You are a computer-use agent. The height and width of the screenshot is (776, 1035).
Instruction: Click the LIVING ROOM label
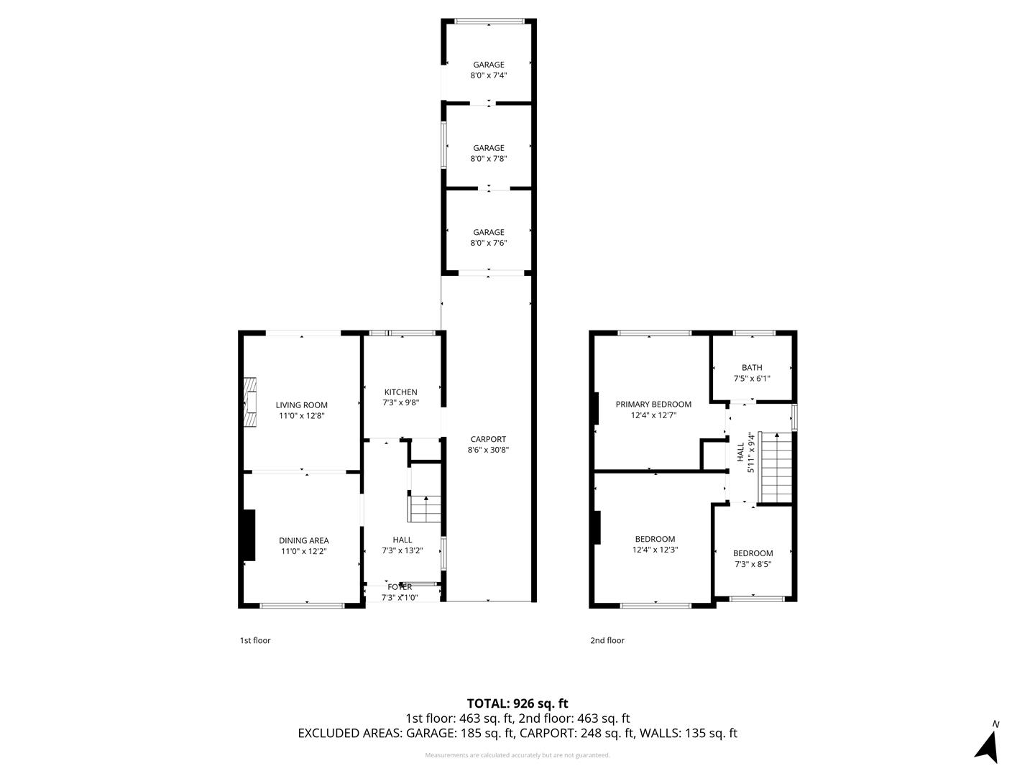coord(301,405)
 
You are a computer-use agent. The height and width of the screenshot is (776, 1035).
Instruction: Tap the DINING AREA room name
coord(303,540)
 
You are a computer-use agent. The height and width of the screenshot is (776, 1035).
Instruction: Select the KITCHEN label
coord(400,392)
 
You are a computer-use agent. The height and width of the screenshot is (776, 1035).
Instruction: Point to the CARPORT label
coord(488,439)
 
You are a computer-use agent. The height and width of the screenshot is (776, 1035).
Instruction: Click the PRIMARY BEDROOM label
coord(653,405)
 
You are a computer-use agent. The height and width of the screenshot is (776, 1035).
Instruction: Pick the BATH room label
coord(752,367)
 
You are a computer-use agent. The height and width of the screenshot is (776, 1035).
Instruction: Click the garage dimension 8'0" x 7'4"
coord(489,75)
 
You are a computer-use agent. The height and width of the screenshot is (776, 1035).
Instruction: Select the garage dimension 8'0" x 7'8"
coord(489,160)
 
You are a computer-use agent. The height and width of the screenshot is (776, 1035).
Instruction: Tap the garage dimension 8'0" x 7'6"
coord(489,244)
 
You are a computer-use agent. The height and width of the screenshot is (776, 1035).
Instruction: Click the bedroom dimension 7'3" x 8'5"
coord(753,565)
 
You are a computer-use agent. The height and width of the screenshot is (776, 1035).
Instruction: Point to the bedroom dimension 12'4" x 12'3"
coord(655,550)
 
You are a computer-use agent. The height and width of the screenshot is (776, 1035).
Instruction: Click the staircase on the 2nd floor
coord(776,468)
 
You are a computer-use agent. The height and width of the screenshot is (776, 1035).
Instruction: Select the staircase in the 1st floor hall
coord(425,509)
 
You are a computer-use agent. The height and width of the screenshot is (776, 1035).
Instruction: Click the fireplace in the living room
coord(250,402)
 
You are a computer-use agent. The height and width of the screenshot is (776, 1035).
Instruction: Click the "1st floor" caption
coord(255,640)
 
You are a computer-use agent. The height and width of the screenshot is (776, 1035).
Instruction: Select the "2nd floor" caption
coord(607,640)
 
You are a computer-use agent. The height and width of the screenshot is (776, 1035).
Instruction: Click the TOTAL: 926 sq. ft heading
coord(517,703)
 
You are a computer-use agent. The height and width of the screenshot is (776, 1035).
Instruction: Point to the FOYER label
coord(400,587)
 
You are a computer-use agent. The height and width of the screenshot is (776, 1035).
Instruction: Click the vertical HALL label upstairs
coord(740,452)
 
